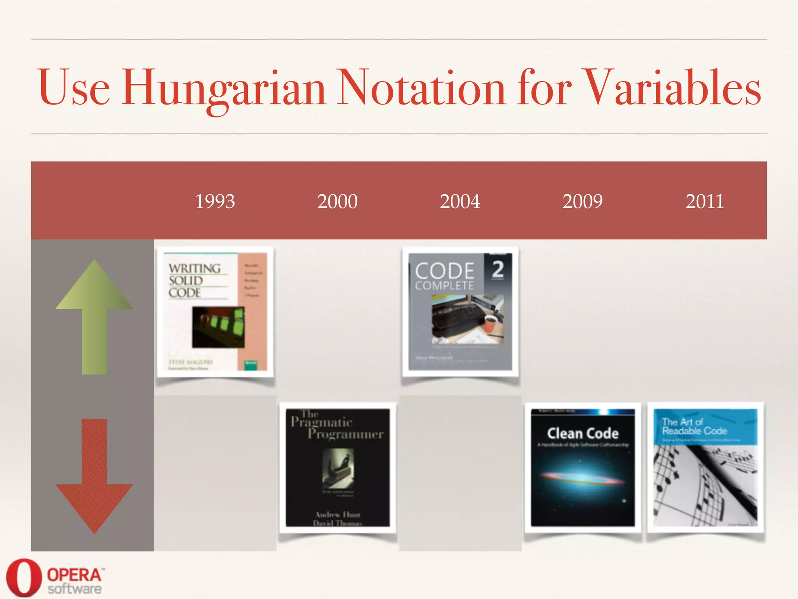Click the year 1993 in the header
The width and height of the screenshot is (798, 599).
(x=215, y=202)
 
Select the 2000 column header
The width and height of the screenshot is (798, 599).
(x=337, y=202)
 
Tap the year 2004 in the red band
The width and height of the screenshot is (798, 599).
(x=460, y=202)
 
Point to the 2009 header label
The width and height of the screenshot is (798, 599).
(x=583, y=202)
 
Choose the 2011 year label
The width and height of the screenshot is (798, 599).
(x=705, y=202)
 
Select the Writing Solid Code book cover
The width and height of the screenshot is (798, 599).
(x=215, y=312)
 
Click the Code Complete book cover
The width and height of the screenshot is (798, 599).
(x=460, y=312)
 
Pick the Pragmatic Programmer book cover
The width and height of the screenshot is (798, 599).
(x=337, y=468)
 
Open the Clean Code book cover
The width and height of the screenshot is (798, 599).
(x=583, y=468)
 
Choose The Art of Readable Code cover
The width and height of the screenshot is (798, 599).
(x=705, y=468)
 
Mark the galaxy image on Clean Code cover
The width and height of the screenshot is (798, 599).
(x=583, y=478)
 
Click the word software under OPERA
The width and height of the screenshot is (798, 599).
(x=74, y=588)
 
